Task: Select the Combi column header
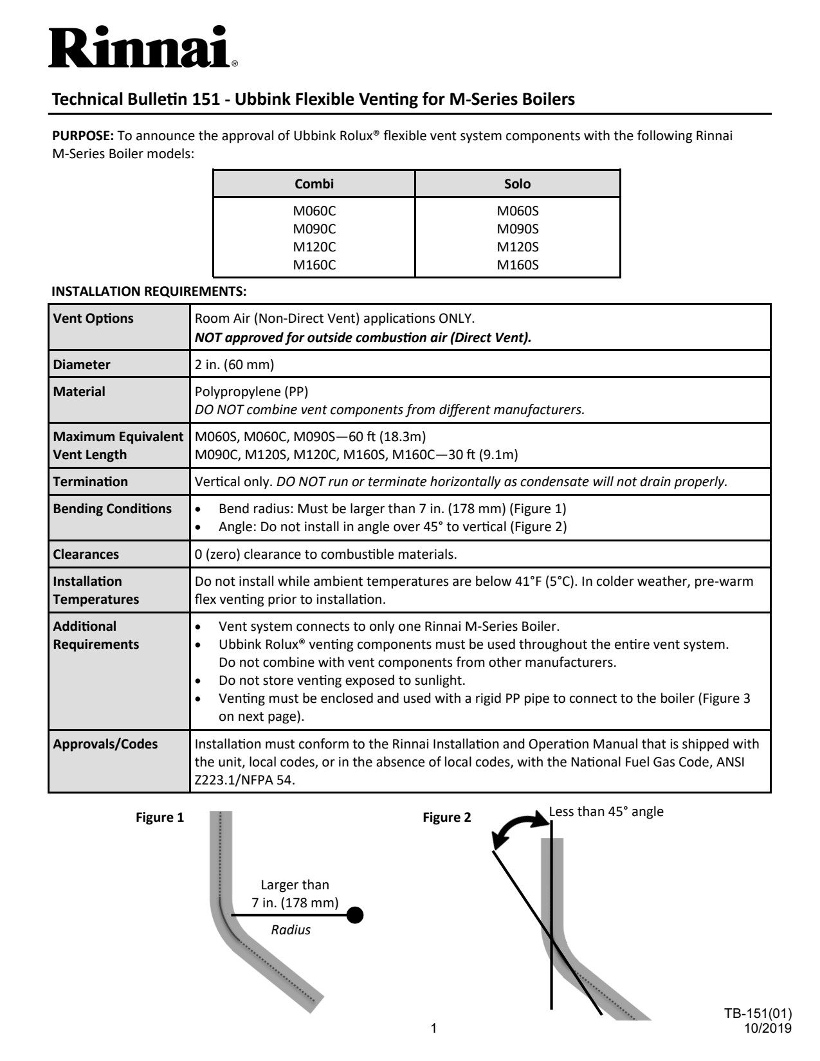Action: (x=314, y=184)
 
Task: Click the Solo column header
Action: (x=517, y=184)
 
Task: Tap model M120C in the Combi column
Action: (x=314, y=247)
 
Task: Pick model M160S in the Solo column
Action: (x=517, y=265)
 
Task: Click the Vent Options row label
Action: (x=93, y=319)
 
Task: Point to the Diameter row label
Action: (x=82, y=365)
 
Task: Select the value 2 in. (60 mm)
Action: (x=234, y=365)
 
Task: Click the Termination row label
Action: (x=91, y=482)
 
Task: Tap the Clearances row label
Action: (x=86, y=554)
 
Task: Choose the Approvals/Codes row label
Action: (x=105, y=744)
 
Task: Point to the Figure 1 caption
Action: (x=159, y=818)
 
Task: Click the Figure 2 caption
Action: (x=446, y=818)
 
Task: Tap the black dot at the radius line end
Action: (x=354, y=915)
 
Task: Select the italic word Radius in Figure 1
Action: (x=291, y=930)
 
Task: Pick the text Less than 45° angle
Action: (x=606, y=812)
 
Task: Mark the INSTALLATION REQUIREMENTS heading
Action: (x=149, y=291)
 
